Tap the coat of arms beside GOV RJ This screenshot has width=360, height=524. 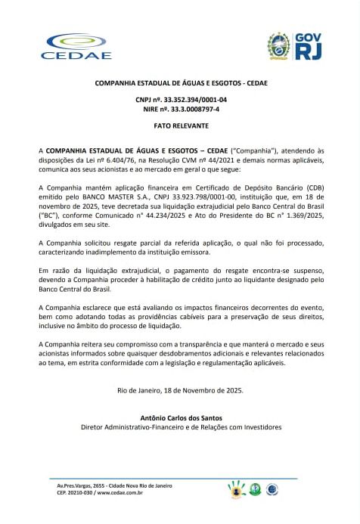click(x=279, y=46)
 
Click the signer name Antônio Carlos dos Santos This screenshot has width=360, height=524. click(x=181, y=417)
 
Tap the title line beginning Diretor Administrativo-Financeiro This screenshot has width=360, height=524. click(x=181, y=427)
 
